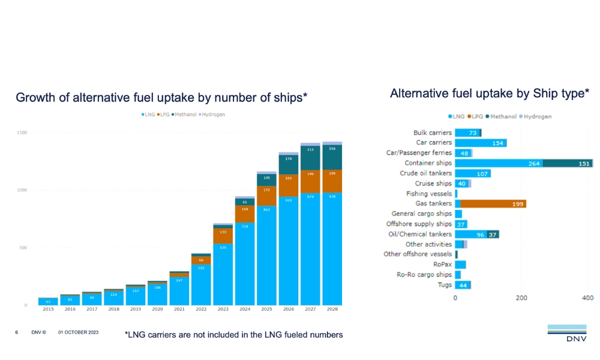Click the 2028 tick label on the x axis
pyautogui.click(x=332, y=310)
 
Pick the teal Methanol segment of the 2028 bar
pyautogui.click(x=332, y=157)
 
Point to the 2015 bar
pyautogui.click(x=48, y=301)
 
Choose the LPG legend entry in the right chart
pyautogui.click(x=474, y=116)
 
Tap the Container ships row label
pyautogui.click(x=428, y=163)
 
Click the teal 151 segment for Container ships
pyautogui.click(x=568, y=163)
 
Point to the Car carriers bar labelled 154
pyautogui.click(x=481, y=143)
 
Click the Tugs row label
pyautogui.click(x=443, y=285)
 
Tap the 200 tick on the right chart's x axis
pyautogui.click(x=521, y=298)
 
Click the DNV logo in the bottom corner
pyautogui.click(x=566, y=334)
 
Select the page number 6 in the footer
pyautogui.click(x=17, y=332)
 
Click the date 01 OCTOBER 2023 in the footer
pyautogui.click(x=78, y=332)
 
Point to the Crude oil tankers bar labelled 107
pyautogui.click(x=473, y=173)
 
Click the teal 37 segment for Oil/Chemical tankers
pyautogui.click(x=493, y=234)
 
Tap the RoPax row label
pyautogui.click(x=442, y=265)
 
